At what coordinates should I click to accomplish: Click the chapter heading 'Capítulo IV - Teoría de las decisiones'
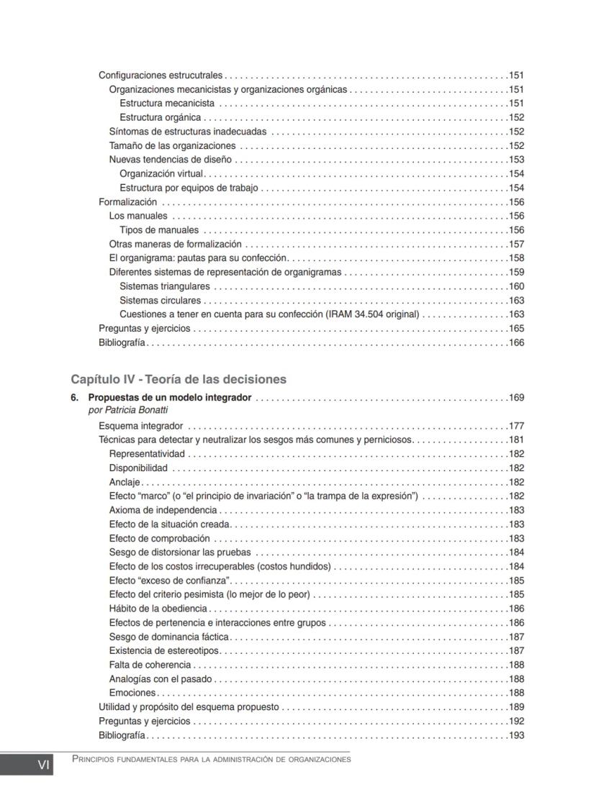tap(179, 379)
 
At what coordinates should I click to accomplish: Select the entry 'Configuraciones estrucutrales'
tap(161, 76)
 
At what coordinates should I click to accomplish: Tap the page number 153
tap(516, 160)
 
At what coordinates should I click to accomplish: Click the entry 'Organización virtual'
tap(162, 174)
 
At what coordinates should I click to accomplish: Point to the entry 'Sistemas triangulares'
tap(165, 286)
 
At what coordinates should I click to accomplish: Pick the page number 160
tap(516, 286)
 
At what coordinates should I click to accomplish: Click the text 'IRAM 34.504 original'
tap(372, 314)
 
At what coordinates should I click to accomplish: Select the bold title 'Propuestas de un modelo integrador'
tap(170, 398)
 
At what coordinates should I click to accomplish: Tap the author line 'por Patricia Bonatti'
tap(128, 410)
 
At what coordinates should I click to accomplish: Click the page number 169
tap(516, 398)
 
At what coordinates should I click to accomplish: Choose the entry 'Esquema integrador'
tap(140, 426)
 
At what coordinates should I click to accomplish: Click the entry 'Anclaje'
tap(125, 482)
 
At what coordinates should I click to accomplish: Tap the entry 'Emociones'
tap(132, 693)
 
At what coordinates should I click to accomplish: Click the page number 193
tap(516, 735)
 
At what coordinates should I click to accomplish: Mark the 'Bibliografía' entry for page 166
tap(122, 342)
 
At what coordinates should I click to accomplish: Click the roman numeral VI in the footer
tap(43, 766)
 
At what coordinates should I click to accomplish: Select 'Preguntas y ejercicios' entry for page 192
tap(144, 721)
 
